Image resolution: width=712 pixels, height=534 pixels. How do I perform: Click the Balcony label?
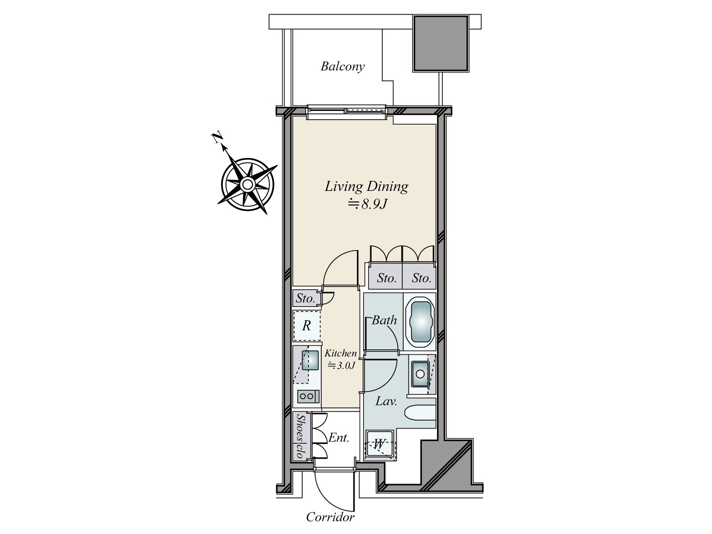point(342,67)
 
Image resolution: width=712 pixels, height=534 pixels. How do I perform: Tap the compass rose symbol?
point(247,184)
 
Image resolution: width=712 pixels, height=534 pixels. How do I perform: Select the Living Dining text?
point(366,186)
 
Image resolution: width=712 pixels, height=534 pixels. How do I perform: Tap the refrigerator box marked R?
point(307,326)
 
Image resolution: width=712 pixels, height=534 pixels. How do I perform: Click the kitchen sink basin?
point(310,360)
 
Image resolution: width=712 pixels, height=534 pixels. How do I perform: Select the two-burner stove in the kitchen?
point(307,396)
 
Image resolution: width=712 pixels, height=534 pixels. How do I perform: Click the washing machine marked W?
point(380,444)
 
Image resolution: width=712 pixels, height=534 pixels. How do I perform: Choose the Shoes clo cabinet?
point(300,436)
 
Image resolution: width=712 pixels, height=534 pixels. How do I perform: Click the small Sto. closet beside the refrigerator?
point(305,298)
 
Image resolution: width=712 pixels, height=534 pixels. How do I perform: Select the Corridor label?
point(330,518)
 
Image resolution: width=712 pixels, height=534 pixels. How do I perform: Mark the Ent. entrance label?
point(339,438)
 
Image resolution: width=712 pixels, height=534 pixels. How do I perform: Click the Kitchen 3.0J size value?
point(342,366)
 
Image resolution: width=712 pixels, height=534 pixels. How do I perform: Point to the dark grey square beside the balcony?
point(441,43)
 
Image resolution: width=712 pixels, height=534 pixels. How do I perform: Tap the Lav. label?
point(386,401)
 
